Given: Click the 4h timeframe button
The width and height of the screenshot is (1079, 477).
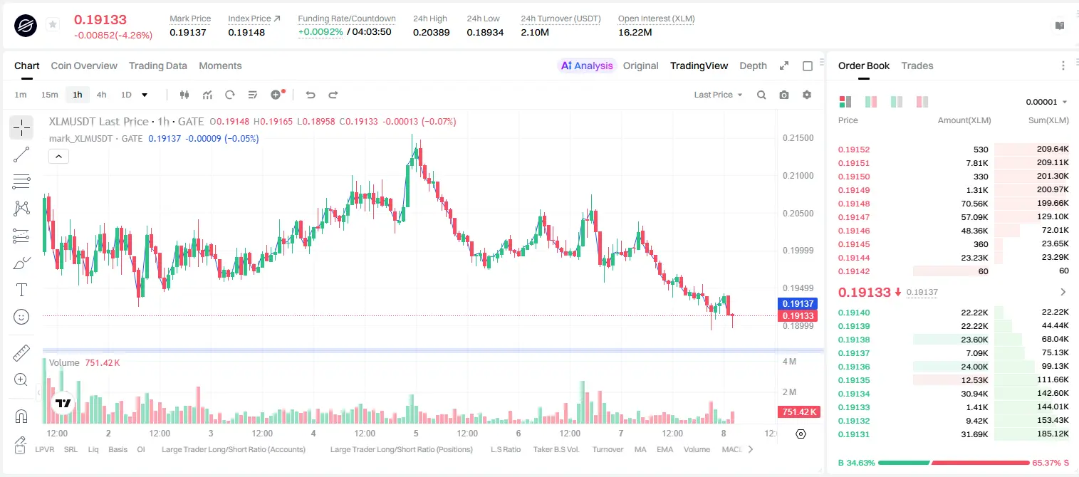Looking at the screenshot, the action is point(101,95).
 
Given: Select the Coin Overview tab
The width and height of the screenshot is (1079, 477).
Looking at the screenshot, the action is point(84,65).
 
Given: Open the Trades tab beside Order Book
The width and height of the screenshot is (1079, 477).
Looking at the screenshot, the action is point(917,65).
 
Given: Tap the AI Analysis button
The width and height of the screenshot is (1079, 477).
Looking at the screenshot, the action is point(587,65).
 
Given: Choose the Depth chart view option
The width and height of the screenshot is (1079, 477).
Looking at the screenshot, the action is point(753,65).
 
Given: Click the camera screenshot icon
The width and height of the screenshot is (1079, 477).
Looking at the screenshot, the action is point(783,95).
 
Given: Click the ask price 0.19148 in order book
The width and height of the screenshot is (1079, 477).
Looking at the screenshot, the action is point(853,204).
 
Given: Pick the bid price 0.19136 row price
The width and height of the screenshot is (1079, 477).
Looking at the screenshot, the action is point(853,367).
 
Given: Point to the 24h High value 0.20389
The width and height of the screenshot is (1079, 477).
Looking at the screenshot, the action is point(431,32).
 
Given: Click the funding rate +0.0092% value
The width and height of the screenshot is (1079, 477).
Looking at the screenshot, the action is point(320,32).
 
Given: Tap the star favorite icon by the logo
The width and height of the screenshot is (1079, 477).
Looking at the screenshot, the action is point(53,24).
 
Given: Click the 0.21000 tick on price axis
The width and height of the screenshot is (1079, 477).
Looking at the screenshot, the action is point(798,176).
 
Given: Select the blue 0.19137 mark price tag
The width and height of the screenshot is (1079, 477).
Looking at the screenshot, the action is point(798,304).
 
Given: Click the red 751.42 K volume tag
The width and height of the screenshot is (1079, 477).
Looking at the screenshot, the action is point(798,412).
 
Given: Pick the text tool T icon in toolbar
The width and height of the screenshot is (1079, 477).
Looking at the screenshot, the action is point(21,290).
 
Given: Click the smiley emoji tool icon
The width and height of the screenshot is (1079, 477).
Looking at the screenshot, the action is point(21,317).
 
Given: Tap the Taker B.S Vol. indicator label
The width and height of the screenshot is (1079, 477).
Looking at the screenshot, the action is point(556,449).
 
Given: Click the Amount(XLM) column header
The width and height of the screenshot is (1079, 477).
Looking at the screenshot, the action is point(964,120).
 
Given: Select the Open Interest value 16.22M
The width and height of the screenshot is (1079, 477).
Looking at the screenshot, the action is point(635,32).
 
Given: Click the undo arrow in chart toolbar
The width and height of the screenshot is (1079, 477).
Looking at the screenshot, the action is point(311,95).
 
